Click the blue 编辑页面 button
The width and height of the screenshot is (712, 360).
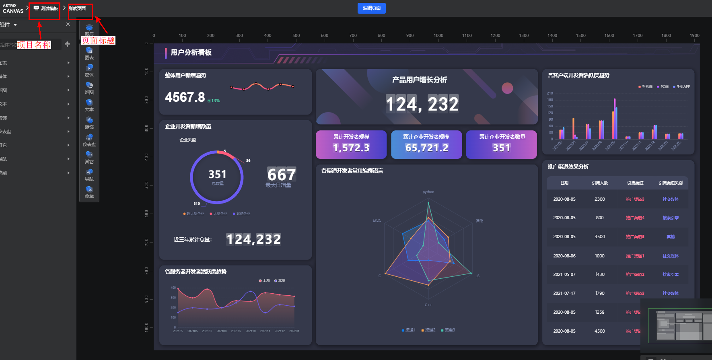(x=371, y=8)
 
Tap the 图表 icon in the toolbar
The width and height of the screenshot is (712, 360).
(x=89, y=52)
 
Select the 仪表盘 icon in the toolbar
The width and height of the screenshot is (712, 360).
(x=89, y=139)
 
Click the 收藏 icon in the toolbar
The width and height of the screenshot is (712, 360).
(x=89, y=191)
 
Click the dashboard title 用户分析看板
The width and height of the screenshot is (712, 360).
(x=191, y=52)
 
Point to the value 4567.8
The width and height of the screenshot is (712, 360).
(x=185, y=97)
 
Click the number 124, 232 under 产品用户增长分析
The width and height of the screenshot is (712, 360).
(x=422, y=104)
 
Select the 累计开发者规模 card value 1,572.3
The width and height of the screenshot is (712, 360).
(x=351, y=148)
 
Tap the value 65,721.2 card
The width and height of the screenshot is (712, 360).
(x=426, y=148)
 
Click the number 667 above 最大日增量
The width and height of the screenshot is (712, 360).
(x=282, y=175)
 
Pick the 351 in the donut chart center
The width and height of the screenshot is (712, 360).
(x=217, y=175)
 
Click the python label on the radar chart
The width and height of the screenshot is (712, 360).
(x=428, y=192)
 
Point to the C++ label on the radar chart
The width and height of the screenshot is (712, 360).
(x=428, y=305)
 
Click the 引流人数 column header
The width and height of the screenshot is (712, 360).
(x=600, y=183)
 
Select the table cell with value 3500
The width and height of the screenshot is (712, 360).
(x=600, y=237)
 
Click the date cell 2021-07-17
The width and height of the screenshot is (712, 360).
(x=564, y=293)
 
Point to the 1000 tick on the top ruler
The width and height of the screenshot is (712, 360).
(x=438, y=36)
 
